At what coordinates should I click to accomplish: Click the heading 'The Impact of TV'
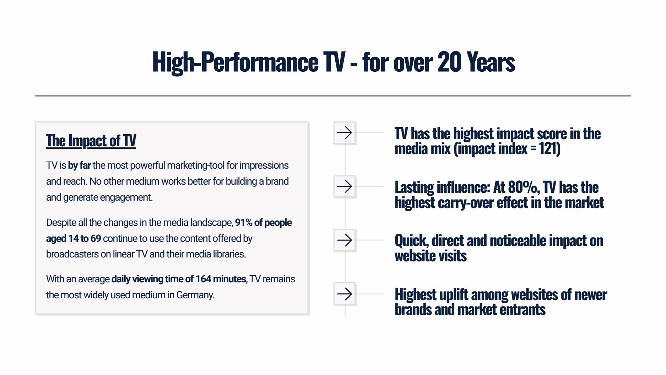pyautogui.click(x=91, y=141)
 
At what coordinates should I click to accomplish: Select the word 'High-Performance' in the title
pyautogui.click(x=235, y=62)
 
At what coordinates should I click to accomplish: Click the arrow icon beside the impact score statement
pyautogui.click(x=345, y=133)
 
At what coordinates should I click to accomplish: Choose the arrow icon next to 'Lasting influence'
pyautogui.click(x=345, y=186)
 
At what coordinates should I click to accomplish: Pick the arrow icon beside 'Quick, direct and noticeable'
pyautogui.click(x=345, y=240)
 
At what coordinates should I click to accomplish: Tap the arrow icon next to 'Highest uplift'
pyautogui.click(x=345, y=294)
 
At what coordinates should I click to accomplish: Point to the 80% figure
pyautogui.click(x=524, y=187)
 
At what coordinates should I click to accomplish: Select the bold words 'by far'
pyautogui.click(x=79, y=165)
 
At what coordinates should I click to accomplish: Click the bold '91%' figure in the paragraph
pyautogui.click(x=244, y=223)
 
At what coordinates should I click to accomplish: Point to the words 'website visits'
pyautogui.click(x=431, y=256)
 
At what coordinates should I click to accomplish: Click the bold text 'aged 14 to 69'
pyautogui.click(x=74, y=239)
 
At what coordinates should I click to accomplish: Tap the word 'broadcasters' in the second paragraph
pyautogui.click(x=71, y=254)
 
